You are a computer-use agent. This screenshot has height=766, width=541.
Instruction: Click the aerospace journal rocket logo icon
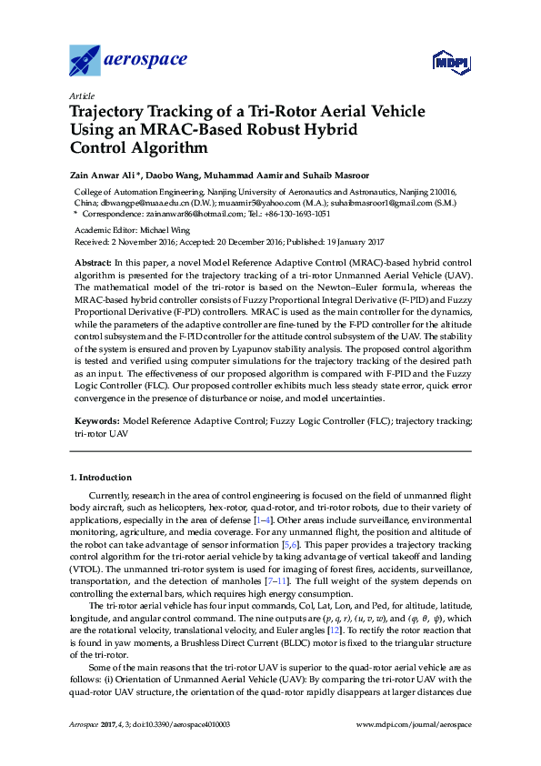86,60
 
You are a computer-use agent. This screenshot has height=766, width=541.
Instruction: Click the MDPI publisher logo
451,62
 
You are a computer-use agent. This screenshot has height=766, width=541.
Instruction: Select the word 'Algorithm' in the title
171,146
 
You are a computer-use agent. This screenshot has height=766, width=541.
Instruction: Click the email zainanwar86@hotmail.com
200,214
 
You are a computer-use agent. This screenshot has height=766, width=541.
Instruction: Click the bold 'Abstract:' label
92,262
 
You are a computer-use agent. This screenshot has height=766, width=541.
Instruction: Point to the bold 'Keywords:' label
95,422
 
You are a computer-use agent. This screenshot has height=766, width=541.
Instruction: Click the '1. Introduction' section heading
101,477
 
